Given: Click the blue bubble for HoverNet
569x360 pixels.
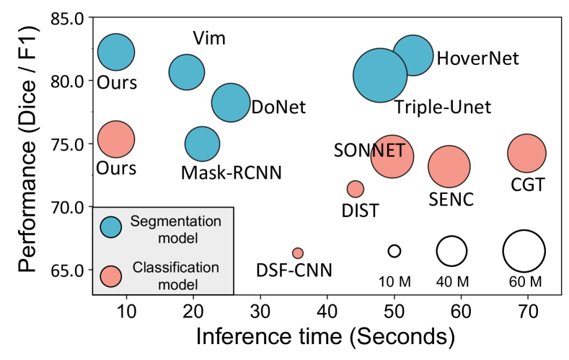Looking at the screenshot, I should [x=413, y=55].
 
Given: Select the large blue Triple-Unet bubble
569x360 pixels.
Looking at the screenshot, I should [x=379, y=75].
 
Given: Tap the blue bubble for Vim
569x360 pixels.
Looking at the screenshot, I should [x=187, y=71].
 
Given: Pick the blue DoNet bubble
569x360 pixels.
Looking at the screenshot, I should [x=231, y=102].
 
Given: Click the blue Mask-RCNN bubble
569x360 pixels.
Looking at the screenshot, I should [x=202, y=144].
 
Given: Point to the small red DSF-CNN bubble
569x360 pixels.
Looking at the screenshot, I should [x=297, y=253].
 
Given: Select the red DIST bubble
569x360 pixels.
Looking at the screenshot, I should [x=355, y=189].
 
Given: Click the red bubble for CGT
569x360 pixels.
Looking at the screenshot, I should [x=526, y=153].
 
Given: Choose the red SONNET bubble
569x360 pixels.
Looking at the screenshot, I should [x=392, y=156].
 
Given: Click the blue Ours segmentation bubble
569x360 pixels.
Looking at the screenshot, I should [x=116, y=51].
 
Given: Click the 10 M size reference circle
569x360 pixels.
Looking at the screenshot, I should [x=394, y=251].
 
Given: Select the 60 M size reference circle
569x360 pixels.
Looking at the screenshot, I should [x=524, y=251].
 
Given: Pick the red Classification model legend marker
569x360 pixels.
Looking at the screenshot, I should [x=110, y=275].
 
